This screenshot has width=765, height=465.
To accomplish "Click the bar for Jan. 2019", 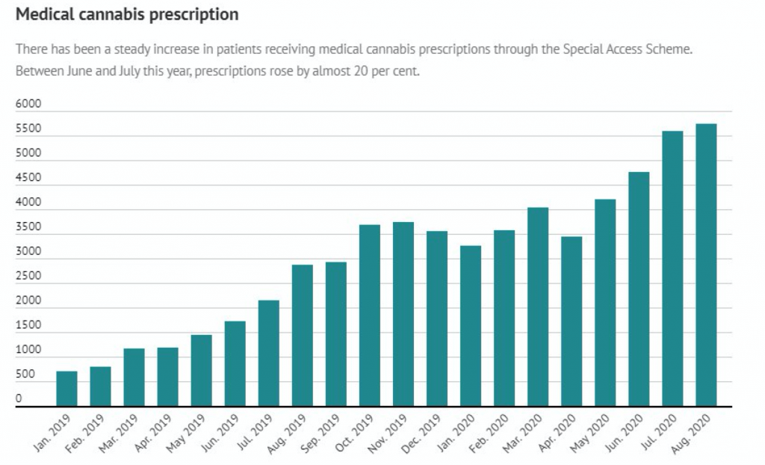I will [66, 389].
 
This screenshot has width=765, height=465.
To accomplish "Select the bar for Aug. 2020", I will [706, 265].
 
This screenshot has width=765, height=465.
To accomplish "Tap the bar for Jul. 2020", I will [672, 269].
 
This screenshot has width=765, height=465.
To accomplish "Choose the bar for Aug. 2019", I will [303, 336].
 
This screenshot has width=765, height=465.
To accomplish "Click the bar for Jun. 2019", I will [235, 364].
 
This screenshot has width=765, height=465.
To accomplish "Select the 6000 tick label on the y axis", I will [28, 105].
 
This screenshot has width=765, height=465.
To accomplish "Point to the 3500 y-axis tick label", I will [28, 227].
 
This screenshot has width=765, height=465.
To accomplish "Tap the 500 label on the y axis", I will [25, 375].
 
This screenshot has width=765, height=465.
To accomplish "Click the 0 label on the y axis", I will [19, 399].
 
